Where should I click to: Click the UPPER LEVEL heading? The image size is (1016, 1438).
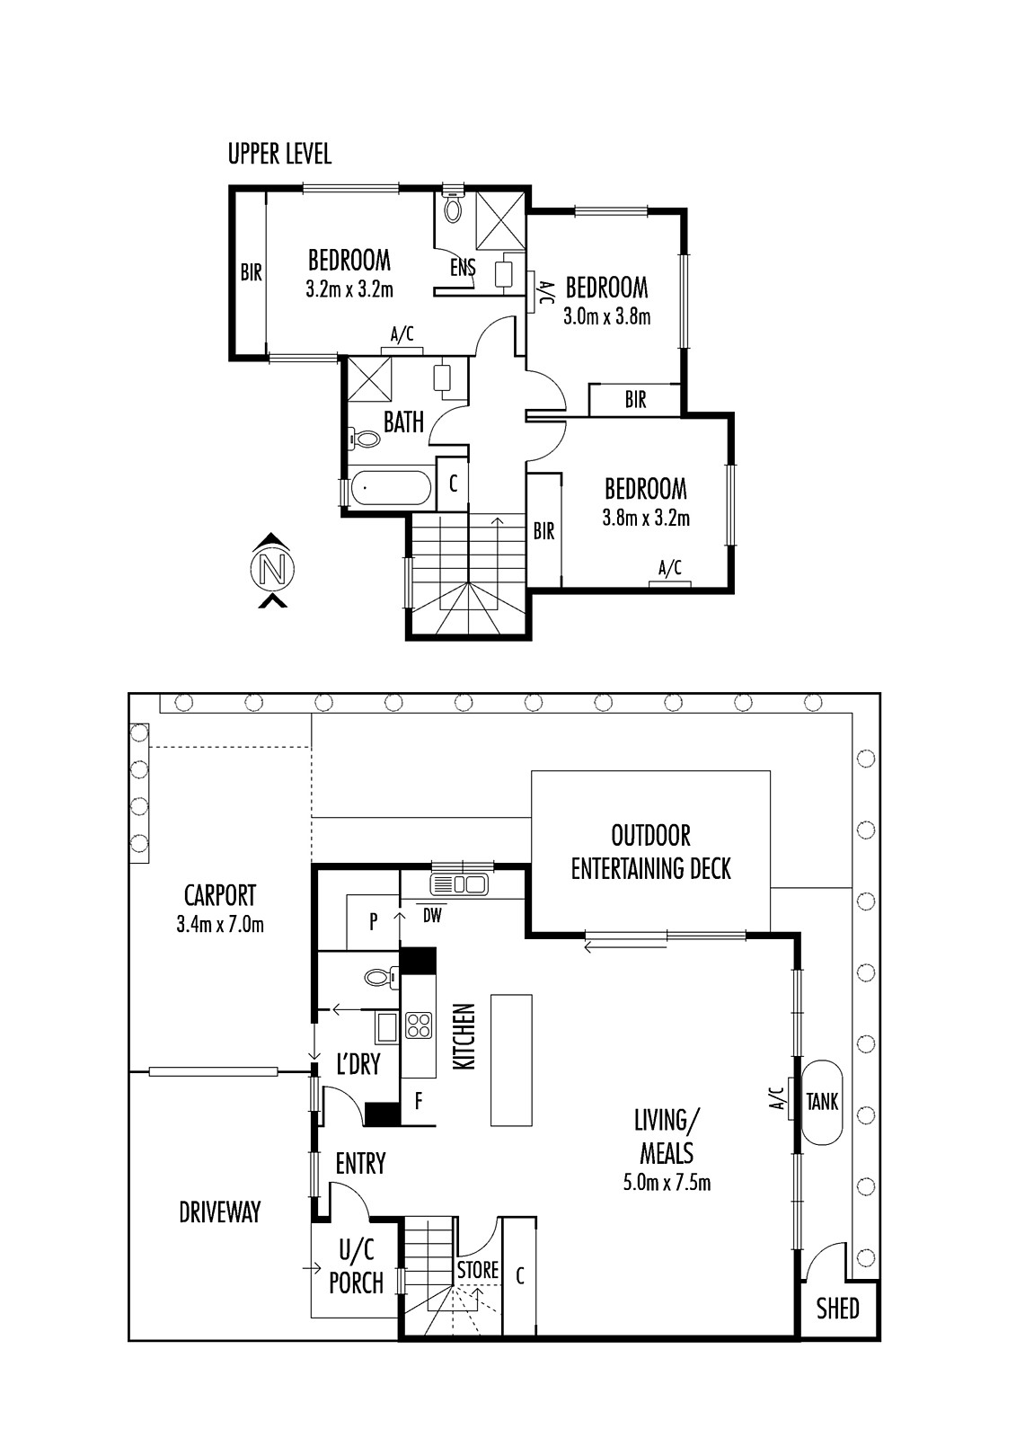click(280, 154)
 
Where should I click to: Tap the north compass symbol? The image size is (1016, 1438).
click(272, 570)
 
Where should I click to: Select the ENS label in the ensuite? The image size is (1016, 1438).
click(463, 267)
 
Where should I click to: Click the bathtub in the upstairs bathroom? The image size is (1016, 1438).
click(391, 488)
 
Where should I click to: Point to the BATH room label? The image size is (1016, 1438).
click(403, 422)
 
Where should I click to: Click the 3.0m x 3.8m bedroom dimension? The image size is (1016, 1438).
click(606, 317)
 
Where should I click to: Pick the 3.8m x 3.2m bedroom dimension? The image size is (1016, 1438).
click(646, 518)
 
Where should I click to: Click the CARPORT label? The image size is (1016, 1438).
click(220, 895)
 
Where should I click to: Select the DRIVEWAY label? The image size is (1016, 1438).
click(220, 1212)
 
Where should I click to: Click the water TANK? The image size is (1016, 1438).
click(823, 1102)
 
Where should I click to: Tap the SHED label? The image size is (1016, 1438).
click(837, 1309)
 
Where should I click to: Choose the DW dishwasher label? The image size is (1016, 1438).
click(433, 916)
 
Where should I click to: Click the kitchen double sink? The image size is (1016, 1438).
click(459, 884)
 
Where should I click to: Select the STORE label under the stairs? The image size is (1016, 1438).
click(478, 1269)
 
